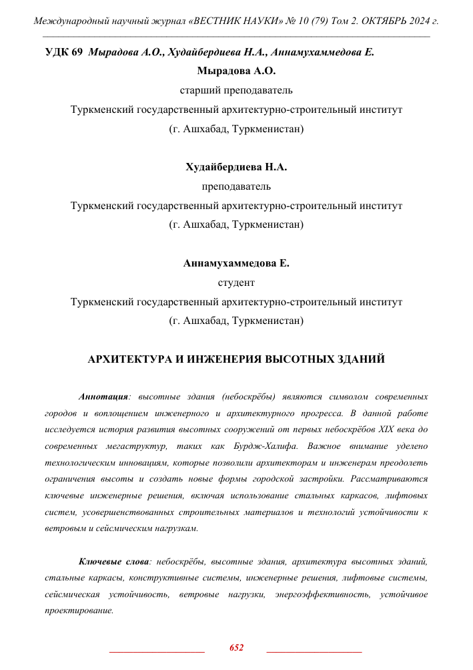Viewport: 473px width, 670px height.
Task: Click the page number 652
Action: click(x=236, y=647)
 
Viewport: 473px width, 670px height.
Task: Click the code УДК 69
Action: click(x=63, y=52)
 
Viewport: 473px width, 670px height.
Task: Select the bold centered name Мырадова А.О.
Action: click(x=236, y=71)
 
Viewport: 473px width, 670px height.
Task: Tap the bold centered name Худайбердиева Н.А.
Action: click(x=236, y=167)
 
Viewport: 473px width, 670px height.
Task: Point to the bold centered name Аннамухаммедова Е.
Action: click(x=236, y=263)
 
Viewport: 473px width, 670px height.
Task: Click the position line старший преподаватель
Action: click(x=236, y=90)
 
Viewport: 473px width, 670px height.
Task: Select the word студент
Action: click(x=236, y=283)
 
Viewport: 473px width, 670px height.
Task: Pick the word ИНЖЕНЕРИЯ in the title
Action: click(x=224, y=359)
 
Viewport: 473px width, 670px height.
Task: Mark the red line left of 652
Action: click(x=156, y=650)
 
